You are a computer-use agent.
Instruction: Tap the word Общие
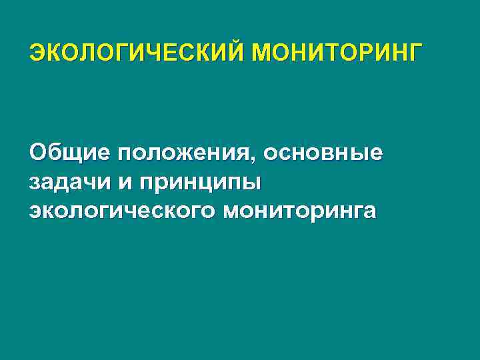[x=71, y=154]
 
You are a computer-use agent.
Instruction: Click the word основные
[x=323, y=154]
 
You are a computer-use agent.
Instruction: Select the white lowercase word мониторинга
[x=301, y=211]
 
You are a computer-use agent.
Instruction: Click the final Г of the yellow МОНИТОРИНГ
[x=415, y=53]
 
